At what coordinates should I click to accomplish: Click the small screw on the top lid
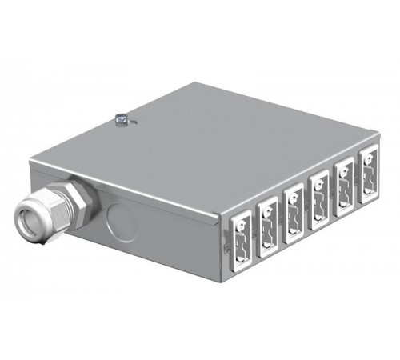click(122, 120)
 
